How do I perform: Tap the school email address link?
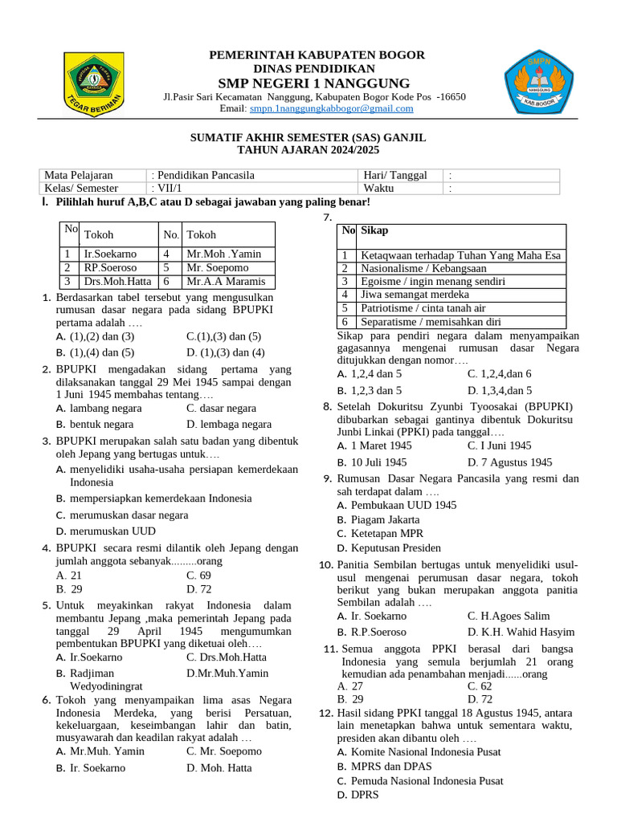[x=331, y=108]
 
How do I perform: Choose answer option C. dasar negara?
[x=221, y=408]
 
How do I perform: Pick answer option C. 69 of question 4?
[x=198, y=576]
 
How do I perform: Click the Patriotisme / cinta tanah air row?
[x=423, y=308]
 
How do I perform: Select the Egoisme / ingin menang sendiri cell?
[x=432, y=281]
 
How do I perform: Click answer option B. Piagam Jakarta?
[x=384, y=519]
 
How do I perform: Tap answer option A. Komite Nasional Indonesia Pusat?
[x=419, y=751]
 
